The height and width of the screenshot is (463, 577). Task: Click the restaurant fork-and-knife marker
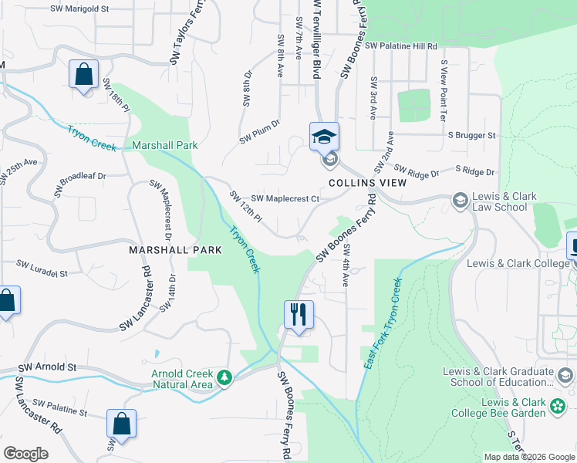click(x=299, y=314)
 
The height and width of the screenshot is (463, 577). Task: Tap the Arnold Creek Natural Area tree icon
click(x=224, y=377)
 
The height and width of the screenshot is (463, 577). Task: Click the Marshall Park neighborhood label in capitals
click(x=175, y=250)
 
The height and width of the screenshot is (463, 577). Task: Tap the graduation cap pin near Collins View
click(x=325, y=137)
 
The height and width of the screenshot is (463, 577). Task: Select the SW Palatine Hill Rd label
click(x=401, y=46)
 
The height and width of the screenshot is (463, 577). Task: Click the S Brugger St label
click(x=471, y=135)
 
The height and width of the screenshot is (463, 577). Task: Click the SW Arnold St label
click(x=48, y=367)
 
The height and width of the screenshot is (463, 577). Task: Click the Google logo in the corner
click(x=25, y=454)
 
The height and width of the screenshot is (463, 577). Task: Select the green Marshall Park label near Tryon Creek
click(x=165, y=145)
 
